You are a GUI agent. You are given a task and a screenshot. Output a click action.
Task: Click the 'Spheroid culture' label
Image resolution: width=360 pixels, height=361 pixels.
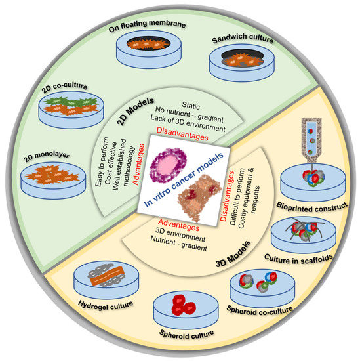180,333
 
